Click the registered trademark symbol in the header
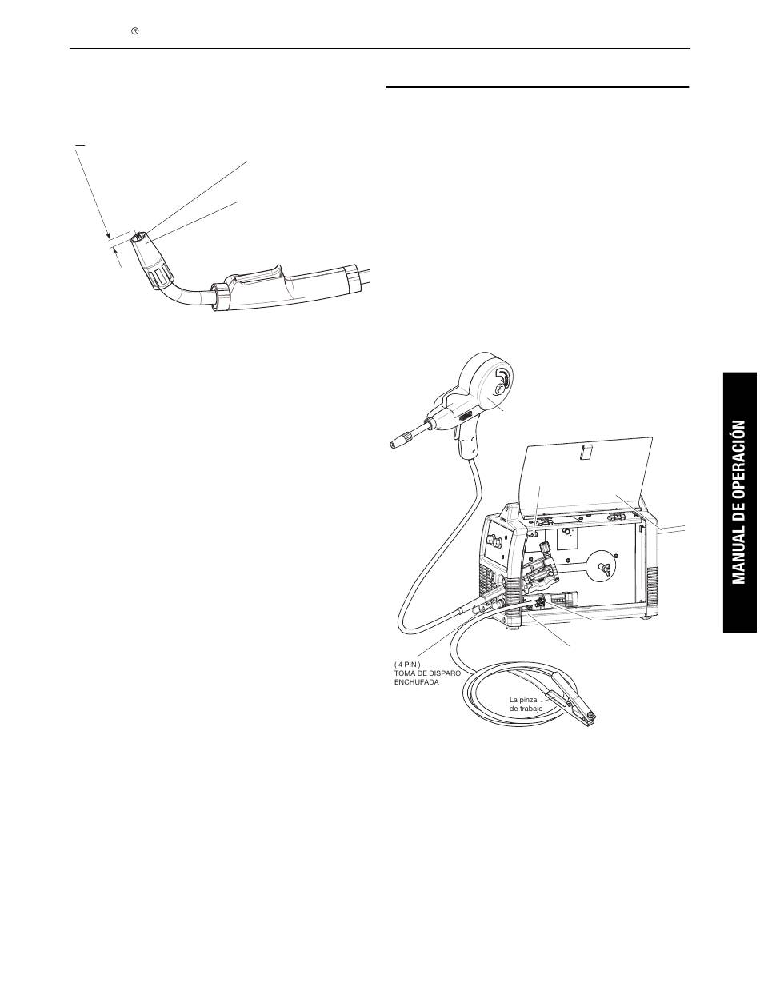[135, 31]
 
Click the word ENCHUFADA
[416, 682]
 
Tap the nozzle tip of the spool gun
[398, 441]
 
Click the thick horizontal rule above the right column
[537, 86]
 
